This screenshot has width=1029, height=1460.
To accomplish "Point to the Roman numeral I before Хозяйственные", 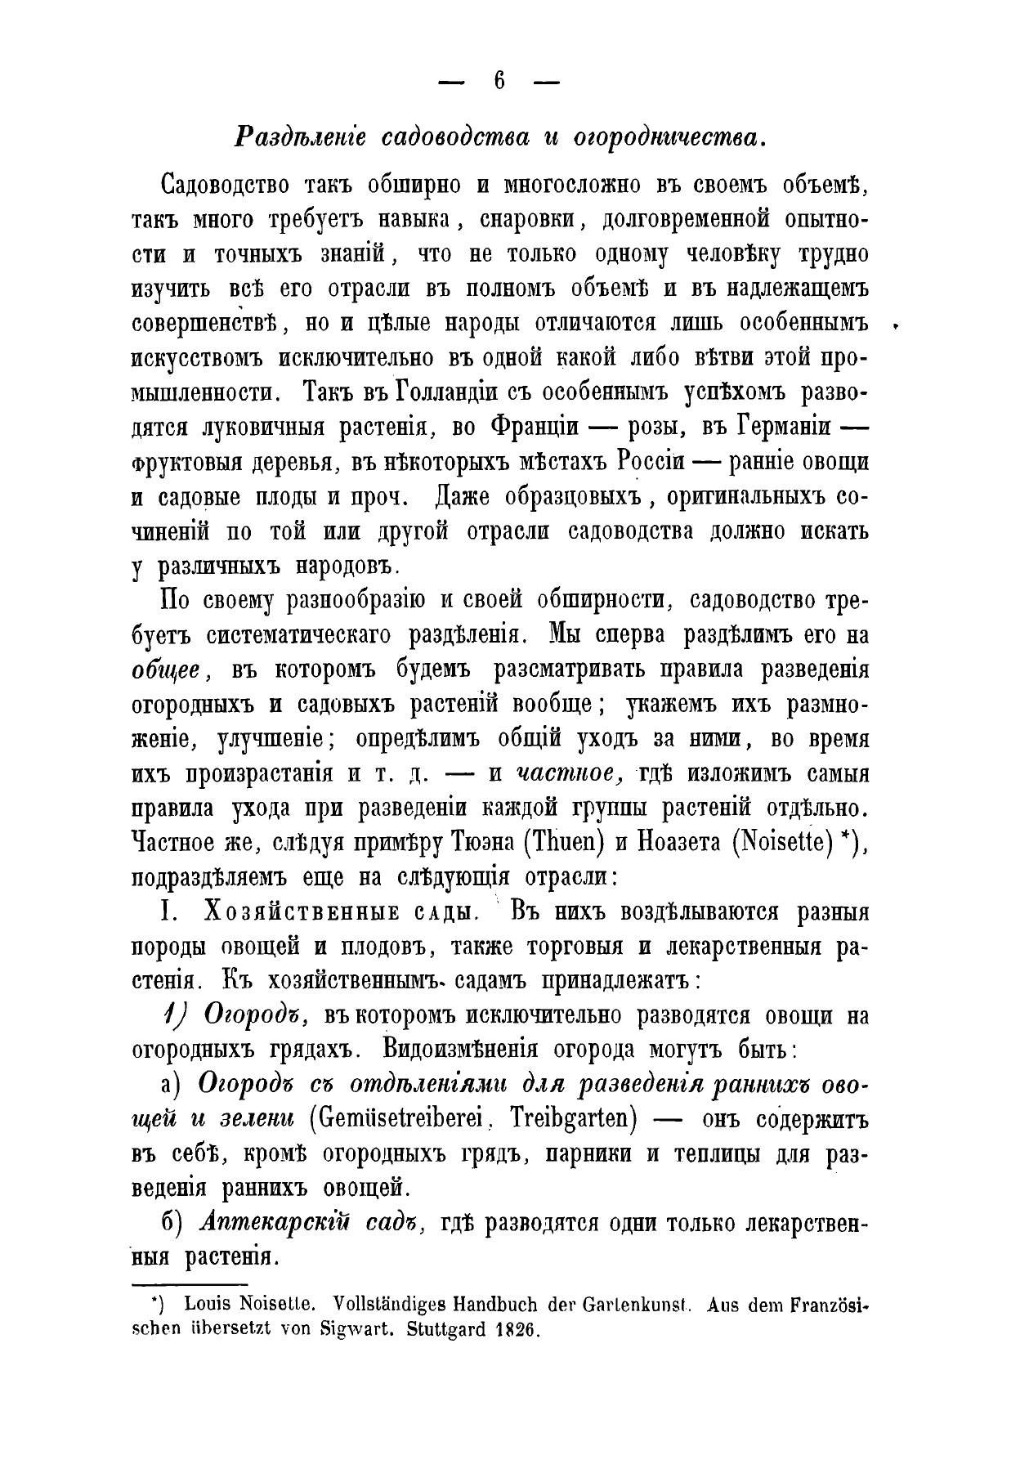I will click(x=163, y=912).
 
